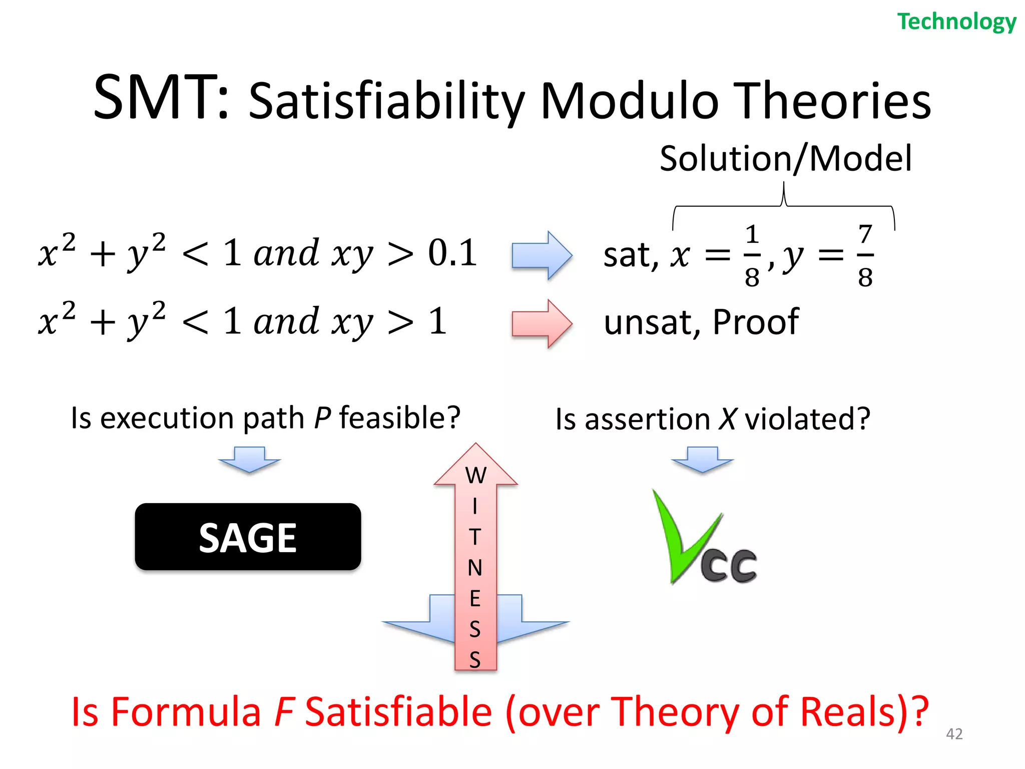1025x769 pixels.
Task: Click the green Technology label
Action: pos(956,22)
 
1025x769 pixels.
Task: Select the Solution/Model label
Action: pos(785,159)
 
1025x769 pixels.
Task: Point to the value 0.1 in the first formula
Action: pos(452,253)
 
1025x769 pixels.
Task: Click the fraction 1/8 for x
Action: pos(752,255)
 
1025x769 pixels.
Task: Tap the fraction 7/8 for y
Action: pos(865,255)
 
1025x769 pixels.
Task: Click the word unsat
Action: pos(648,323)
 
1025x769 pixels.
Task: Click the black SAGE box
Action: pos(248,537)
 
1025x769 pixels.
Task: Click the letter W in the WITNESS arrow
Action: pos(475,476)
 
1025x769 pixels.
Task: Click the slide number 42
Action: pos(954,734)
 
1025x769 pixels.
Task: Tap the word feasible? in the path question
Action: pos(399,418)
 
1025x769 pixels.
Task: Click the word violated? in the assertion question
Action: pos(807,419)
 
